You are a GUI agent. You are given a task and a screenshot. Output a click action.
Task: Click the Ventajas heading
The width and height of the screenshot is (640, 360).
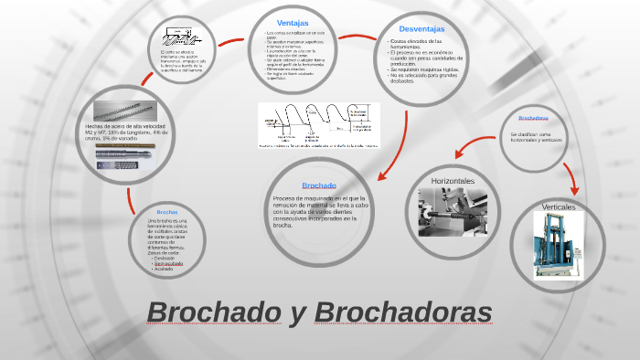(293, 22)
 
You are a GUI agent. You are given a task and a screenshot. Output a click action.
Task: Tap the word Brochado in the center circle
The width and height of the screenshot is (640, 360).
(319, 185)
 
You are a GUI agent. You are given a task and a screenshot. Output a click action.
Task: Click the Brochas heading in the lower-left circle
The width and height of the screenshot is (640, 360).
(166, 211)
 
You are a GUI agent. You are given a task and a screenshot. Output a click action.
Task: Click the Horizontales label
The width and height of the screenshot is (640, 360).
(453, 181)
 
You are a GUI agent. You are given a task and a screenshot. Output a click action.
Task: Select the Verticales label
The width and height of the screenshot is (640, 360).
(559, 207)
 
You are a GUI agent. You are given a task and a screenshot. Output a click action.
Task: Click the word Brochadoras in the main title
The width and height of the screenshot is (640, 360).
(403, 312)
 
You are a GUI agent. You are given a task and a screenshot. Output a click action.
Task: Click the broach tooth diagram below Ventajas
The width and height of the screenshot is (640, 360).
(319, 124)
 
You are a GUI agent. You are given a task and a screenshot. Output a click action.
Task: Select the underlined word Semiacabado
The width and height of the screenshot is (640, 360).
(167, 263)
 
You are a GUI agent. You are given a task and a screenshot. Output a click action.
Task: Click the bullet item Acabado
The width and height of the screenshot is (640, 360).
(164, 269)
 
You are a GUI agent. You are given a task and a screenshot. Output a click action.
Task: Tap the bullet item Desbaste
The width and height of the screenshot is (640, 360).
(165, 258)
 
